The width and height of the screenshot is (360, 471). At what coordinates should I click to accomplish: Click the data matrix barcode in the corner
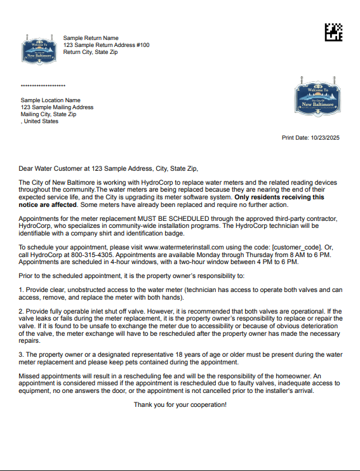point(333,32)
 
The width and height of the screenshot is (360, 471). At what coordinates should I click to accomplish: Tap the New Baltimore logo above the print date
point(315,96)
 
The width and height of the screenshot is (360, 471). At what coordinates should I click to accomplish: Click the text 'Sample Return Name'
point(91,38)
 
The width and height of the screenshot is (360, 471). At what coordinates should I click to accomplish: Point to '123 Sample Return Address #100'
point(106,45)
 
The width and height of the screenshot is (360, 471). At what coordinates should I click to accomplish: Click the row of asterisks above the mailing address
point(43,86)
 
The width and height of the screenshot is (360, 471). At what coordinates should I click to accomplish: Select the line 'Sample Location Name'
point(50,100)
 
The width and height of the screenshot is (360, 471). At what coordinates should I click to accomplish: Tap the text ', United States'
point(39,121)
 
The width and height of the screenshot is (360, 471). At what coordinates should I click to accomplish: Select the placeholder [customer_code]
point(297,247)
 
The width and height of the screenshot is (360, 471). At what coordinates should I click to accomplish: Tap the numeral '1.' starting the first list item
point(21,289)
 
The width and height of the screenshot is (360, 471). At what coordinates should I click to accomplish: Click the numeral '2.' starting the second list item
point(21,311)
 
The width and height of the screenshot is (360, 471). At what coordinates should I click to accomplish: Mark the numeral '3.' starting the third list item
point(21,354)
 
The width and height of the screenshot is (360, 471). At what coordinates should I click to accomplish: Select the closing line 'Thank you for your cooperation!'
point(180,404)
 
